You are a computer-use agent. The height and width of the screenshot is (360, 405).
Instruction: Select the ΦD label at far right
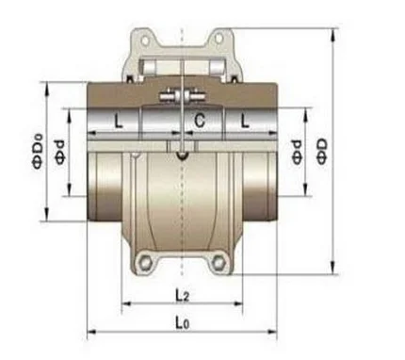coord(322,152)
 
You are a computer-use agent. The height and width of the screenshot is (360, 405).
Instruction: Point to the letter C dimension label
coord(200,121)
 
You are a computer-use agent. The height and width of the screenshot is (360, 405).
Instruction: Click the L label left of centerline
coord(117,122)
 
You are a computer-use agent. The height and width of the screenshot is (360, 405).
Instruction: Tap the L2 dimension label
coord(180,295)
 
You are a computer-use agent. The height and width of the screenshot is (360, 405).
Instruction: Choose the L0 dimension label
coord(181,322)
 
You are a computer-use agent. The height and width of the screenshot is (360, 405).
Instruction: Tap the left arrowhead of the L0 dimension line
coord(90,332)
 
